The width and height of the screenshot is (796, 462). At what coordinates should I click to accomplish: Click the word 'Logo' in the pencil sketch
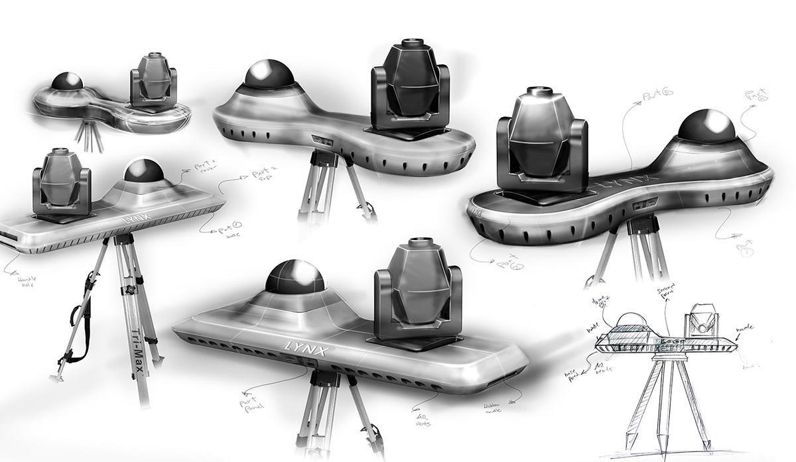(663, 343)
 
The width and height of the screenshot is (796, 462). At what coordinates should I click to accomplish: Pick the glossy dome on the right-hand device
(708, 126)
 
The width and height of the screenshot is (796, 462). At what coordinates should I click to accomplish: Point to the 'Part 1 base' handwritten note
(227, 231)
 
